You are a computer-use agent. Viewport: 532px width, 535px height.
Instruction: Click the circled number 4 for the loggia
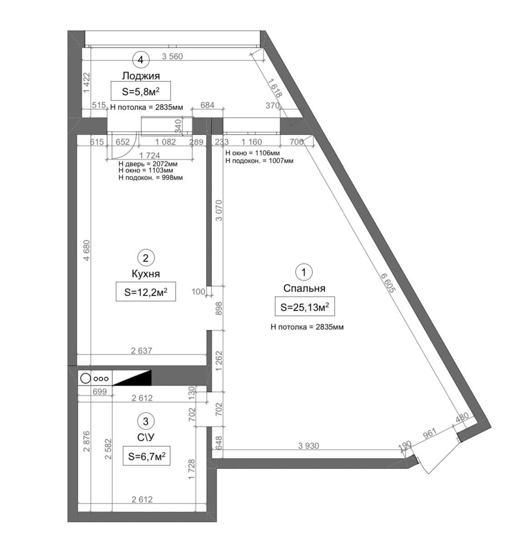tap(141, 60)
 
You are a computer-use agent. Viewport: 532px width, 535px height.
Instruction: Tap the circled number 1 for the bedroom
tap(304, 272)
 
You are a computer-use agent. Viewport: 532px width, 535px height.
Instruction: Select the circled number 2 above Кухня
tap(146, 258)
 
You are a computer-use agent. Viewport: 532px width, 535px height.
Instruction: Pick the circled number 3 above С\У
tap(146, 421)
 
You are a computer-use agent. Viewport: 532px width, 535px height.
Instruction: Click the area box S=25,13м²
tap(305, 307)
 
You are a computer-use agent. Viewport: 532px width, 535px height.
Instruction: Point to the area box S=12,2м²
tap(146, 292)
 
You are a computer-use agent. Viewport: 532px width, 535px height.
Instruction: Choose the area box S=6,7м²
tap(146, 456)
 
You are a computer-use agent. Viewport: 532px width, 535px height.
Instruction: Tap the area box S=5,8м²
tap(141, 91)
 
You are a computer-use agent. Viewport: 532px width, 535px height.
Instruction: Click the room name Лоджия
tap(141, 76)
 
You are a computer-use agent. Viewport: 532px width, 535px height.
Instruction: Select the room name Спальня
tap(304, 288)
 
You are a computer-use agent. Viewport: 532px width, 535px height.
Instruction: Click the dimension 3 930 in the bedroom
tap(309, 446)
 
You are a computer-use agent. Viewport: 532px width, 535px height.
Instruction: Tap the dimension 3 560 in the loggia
tap(172, 56)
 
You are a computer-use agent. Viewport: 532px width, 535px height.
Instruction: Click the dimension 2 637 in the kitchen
tap(141, 350)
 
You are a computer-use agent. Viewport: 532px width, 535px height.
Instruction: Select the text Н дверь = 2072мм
tap(148, 164)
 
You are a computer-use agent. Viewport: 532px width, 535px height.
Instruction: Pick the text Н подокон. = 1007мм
tap(259, 161)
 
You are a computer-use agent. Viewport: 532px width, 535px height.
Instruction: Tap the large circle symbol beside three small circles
tap(85, 379)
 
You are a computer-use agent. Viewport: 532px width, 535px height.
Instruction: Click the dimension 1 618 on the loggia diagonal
tap(275, 88)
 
